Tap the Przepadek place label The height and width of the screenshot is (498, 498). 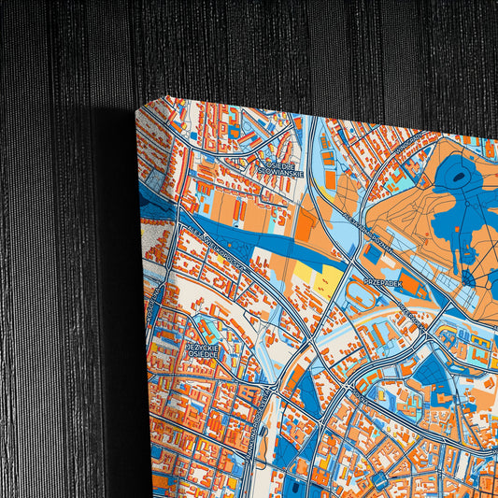(x=382, y=279)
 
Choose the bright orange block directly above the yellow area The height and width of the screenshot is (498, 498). (x=306, y=224)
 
